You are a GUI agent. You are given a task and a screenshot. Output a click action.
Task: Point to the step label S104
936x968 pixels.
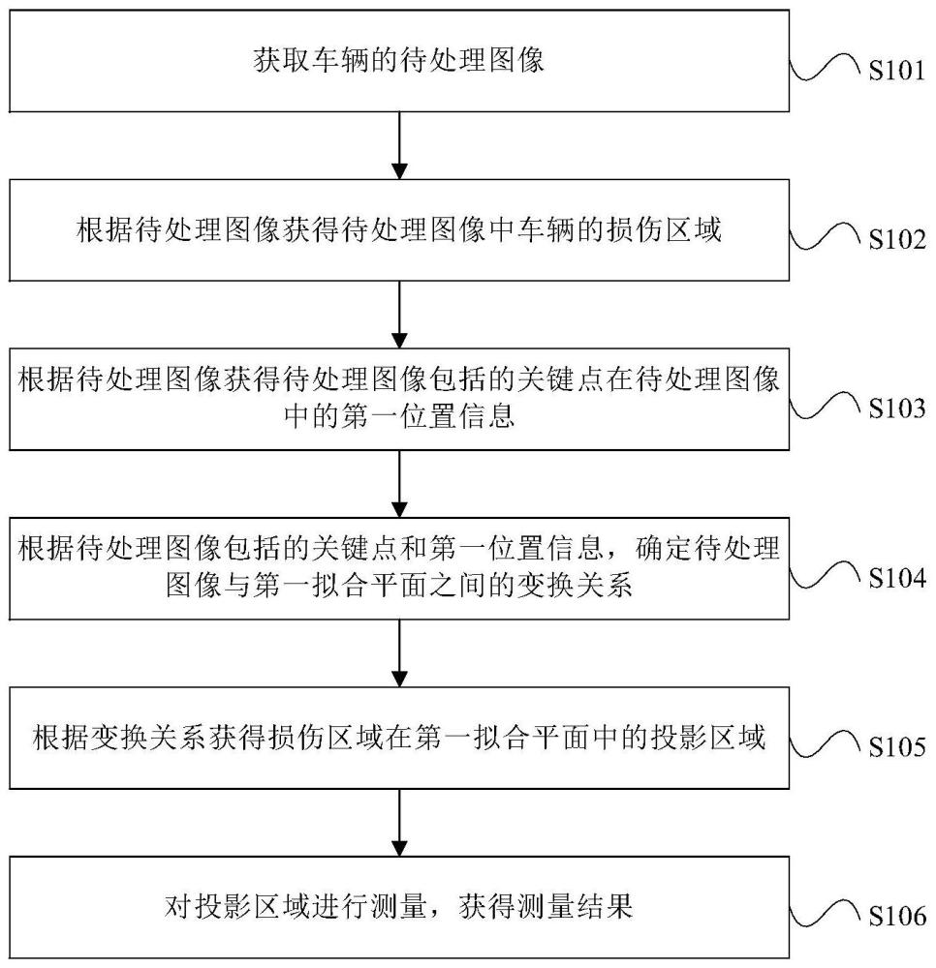[x=896, y=579]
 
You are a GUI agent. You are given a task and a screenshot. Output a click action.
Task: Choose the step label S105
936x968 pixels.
[x=896, y=747]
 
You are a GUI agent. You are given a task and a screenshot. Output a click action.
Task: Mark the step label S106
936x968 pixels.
[x=896, y=916]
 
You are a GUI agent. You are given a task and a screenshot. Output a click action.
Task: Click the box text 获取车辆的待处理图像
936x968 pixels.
[x=398, y=62]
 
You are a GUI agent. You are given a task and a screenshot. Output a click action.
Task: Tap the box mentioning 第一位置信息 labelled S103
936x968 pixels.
[x=398, y=400]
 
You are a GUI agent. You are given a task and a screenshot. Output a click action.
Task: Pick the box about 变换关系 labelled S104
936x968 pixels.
[x=398, y=569]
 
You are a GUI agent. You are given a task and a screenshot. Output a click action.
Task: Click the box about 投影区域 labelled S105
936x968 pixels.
[x=398, y=738]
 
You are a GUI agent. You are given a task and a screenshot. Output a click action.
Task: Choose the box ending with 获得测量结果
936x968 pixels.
[x=398, y=907]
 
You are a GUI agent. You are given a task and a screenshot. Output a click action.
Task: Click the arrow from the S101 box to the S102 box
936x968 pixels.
[x=398, y=146]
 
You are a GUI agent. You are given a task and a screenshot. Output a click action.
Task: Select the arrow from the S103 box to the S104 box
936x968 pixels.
[x=398, y=484]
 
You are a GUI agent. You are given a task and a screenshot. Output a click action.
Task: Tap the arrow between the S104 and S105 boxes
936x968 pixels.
[x=398, y=653]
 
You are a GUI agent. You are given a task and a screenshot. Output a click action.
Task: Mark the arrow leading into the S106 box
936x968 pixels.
[x=398, y=822]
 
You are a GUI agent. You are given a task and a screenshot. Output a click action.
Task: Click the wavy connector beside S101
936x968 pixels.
[x=826, y=71]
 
